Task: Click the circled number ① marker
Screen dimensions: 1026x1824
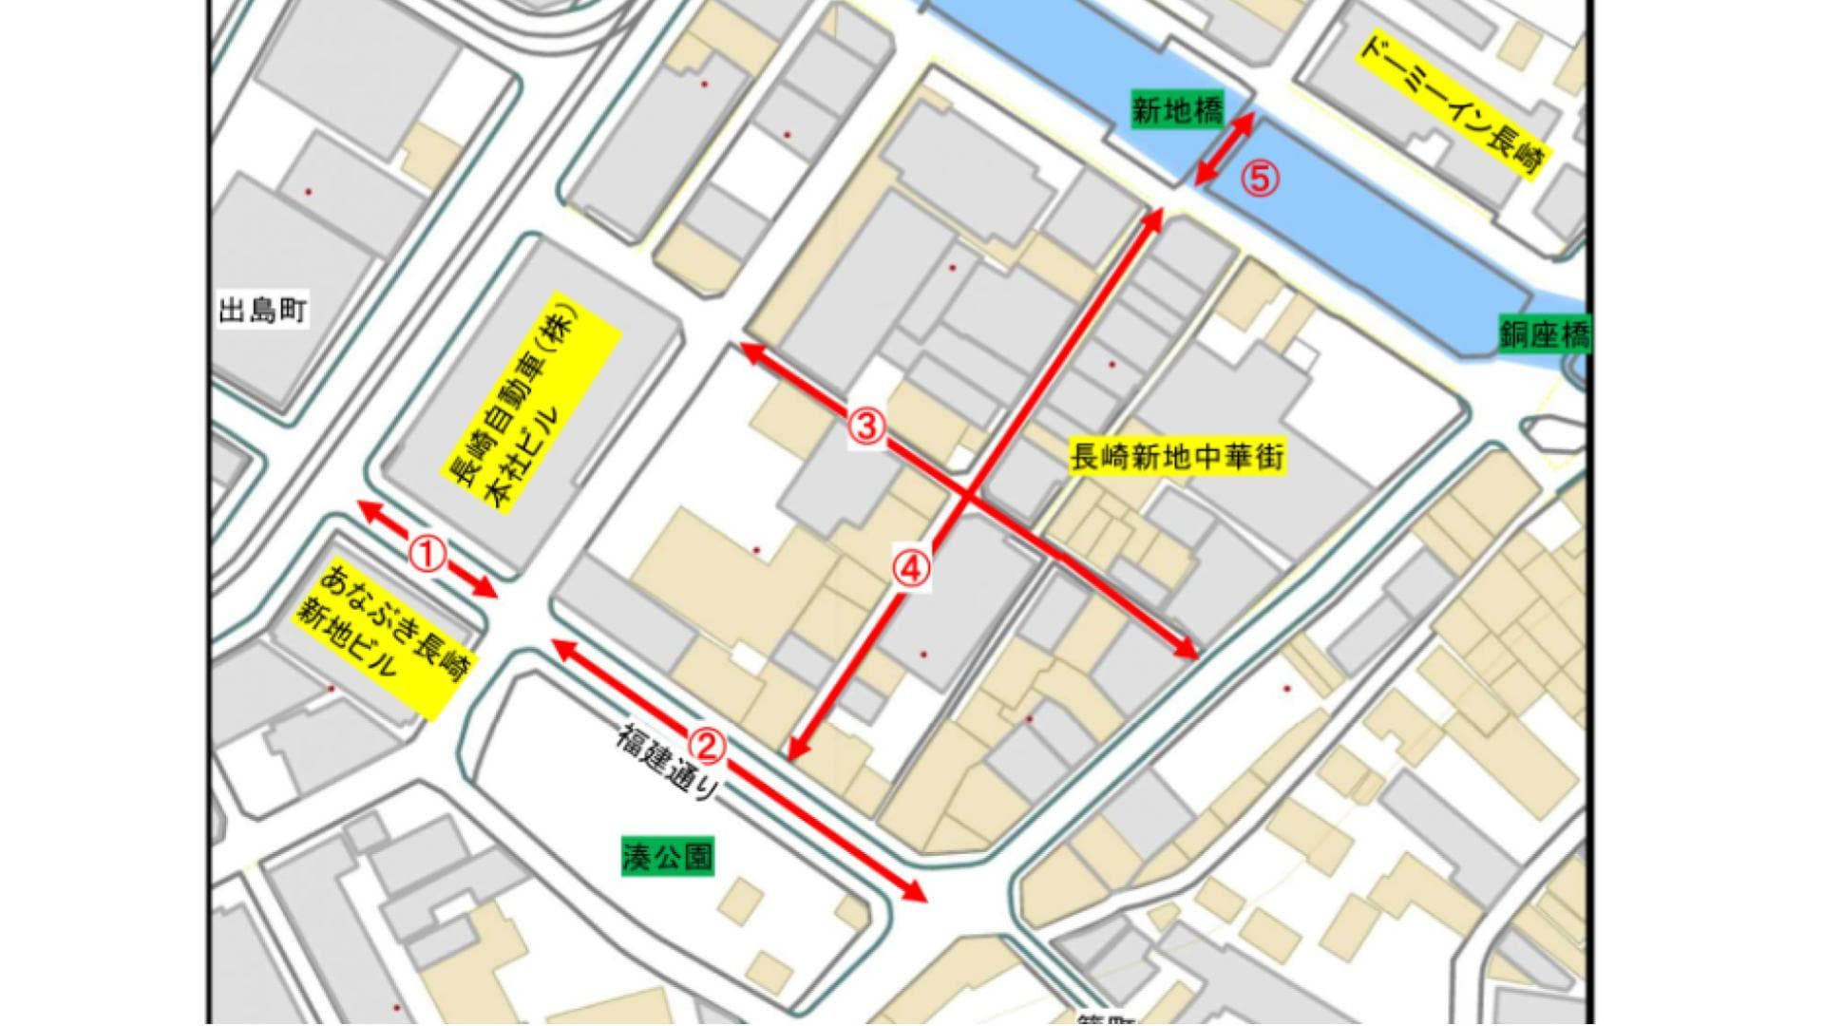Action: [427, 553]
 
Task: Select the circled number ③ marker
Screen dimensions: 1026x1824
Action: [866, 427]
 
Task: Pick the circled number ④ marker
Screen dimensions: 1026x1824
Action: [910, 569]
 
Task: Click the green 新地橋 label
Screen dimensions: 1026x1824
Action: [1178, 110]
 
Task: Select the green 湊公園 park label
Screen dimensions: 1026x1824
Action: [667, 857]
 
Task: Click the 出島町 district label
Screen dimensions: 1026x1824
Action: [262, 311]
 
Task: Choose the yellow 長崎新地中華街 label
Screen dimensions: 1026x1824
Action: [1177, 457]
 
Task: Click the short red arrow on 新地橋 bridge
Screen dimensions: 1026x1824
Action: [1225, 148]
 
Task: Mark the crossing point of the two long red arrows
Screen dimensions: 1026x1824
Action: [967, 494]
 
